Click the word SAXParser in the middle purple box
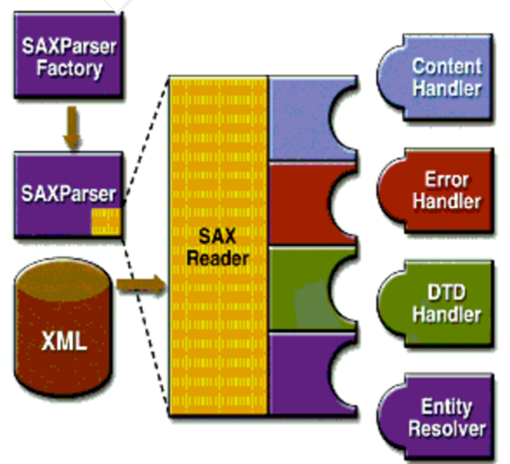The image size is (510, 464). (68, 194)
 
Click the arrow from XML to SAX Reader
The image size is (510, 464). (141, 284)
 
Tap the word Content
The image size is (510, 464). (446, 66)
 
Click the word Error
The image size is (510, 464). (447, 179)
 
